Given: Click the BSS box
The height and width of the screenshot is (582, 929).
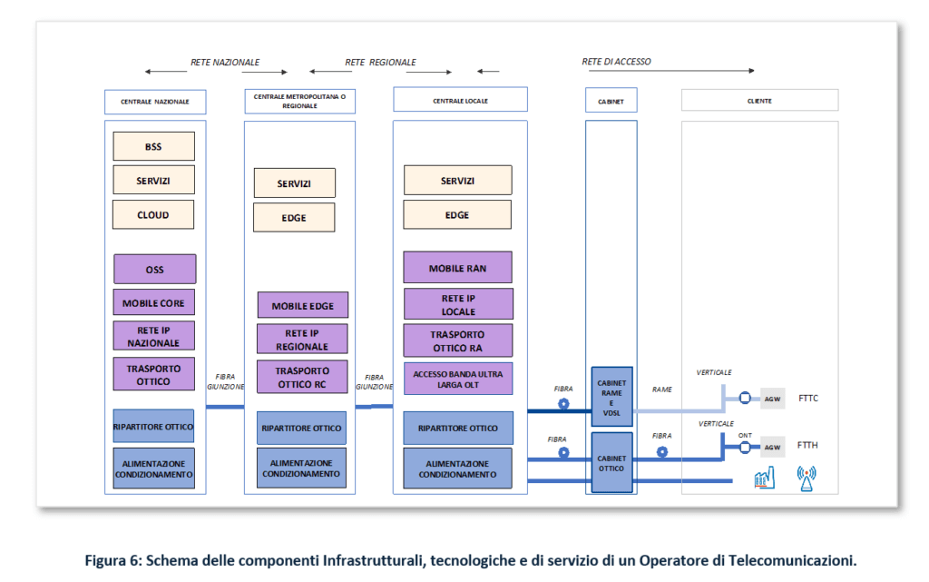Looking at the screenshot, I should (x=153, y=146).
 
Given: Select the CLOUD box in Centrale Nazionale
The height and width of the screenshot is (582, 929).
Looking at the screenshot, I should (x=153, y=214).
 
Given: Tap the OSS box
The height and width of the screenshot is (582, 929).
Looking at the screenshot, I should (x=154, y=270).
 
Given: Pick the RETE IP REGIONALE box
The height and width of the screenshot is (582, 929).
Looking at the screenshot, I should (x=302, y=340).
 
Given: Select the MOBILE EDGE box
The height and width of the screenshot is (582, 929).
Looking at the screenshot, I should (x=302, y=306).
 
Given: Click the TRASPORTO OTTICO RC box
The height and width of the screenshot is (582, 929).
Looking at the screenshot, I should (x=302, y=377).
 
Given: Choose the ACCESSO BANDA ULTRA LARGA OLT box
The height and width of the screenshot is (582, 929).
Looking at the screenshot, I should (x=457, y=379).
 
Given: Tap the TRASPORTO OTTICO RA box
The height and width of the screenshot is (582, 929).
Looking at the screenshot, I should (x=457, y=341).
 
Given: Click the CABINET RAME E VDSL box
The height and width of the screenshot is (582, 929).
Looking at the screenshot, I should (x=611, y=397).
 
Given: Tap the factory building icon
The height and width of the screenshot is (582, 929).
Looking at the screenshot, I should (x=764, y=478).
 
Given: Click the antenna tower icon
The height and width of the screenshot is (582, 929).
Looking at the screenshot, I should (x=806, y=478).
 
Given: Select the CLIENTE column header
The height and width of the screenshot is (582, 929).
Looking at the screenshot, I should (x=759, y=101).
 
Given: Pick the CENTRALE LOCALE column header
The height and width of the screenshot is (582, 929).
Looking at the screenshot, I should (x=459, y=100).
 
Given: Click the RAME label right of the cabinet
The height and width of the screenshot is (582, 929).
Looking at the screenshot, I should (x=662, y=389).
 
